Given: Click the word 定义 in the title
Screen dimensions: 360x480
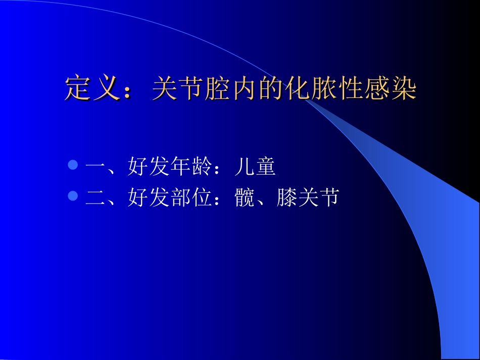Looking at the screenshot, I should (x=93, y=89).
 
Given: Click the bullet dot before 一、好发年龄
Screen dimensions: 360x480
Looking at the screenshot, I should (x=73, y=165).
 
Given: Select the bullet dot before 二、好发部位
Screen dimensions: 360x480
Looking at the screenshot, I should (x=73, y=195).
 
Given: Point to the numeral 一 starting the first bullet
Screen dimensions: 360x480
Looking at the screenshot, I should (x=95, y=167).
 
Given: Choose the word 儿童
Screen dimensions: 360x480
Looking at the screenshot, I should (x=255, y=167).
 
